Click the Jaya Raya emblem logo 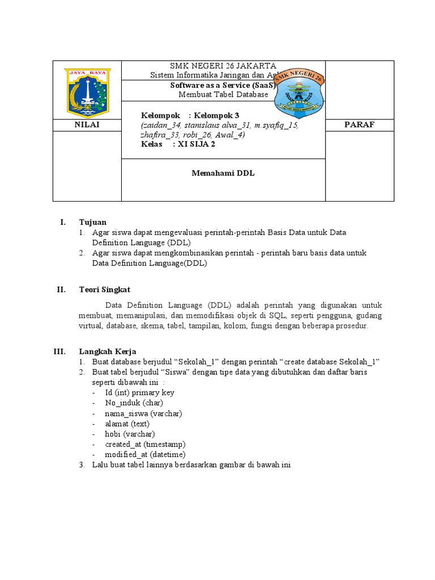tap(87, 90)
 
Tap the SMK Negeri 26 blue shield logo tap(299, 93)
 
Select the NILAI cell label tap(87, 125)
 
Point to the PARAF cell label tap(360, 125)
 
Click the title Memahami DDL tap(223, 174)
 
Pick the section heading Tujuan tap(92, 222)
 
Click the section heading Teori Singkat tap(104, 289)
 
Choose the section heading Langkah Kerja tap(107, 351)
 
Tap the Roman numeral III tap(60, 351)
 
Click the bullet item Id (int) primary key tap(139, 393)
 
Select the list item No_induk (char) tap(134, 403)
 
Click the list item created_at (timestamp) tap(145, 444)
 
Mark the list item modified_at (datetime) tap(145, 454)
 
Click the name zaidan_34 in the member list tap(157, 125)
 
